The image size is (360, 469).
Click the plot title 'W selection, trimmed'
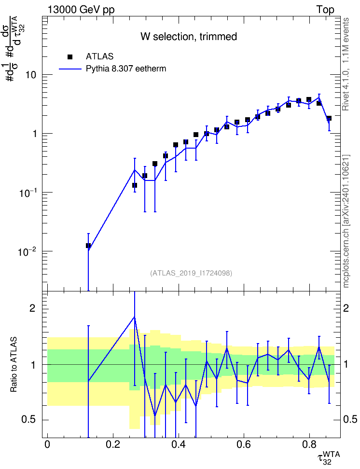189,37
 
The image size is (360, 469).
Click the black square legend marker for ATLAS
70,56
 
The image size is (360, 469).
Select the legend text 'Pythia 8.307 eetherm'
125,69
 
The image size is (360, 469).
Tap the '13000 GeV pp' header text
81,10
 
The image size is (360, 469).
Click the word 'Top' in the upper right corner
325,10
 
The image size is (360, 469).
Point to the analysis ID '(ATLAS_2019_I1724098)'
191,273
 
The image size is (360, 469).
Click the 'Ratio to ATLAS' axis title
14,365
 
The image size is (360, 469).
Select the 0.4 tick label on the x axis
179,444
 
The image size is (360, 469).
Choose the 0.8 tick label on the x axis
309,444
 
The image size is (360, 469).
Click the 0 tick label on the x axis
47,444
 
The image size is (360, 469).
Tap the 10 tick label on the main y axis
31,74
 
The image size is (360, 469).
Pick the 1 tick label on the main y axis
34,133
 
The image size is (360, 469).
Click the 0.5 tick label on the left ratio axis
28,420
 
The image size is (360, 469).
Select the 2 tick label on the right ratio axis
346,308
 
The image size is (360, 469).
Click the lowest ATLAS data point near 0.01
88,246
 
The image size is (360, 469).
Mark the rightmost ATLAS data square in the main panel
329,118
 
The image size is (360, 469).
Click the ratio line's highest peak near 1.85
135,317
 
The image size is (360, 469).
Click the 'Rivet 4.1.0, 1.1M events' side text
346,64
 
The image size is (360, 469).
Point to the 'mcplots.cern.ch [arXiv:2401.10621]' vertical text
346,221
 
